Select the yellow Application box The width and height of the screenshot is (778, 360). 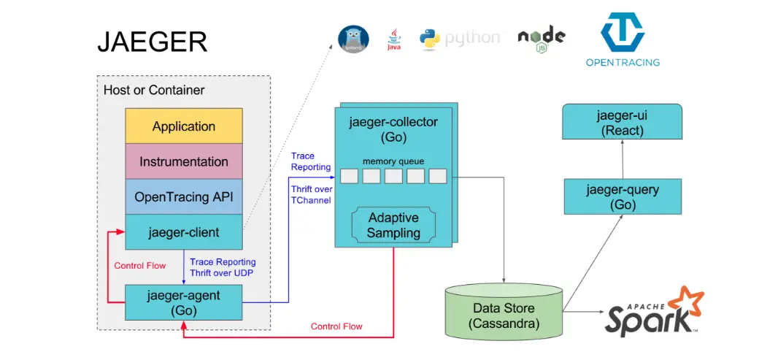(183, 126)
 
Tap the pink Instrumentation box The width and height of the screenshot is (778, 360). (183, 161)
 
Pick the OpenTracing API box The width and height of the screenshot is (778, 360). (183, 197)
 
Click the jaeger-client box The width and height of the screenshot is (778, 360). (183, 232)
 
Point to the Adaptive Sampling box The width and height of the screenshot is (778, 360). (394, 225)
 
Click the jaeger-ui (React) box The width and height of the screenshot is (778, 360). (622, 121)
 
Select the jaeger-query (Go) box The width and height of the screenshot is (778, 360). (622, 196)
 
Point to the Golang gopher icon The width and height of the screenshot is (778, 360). (353, 39)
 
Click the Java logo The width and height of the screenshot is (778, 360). (394, 39)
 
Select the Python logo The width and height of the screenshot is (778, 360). (461, 39)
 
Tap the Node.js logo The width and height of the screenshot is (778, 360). (541, 39)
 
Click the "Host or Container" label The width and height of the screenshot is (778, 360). (155, 91)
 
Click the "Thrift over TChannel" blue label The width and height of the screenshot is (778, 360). (310, 194)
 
